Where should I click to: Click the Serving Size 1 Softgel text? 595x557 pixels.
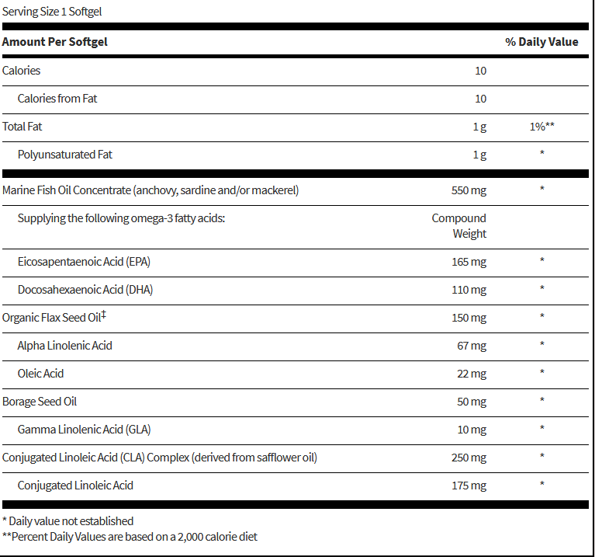pos(52,12)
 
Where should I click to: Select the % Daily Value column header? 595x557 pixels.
pos(541,42)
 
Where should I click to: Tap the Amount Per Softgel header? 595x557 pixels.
pos(54,42)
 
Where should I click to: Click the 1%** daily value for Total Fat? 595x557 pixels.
pos(541,127)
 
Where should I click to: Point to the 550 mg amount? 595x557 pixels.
pos(469,190)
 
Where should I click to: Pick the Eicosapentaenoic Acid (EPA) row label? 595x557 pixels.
pos(84,262)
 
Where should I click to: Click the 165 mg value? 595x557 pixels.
pos(469,262)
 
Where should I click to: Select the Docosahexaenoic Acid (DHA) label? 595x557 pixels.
pos(85,290)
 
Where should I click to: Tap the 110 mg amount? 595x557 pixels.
pos(469,290)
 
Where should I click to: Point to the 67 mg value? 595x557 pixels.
pos(472,346)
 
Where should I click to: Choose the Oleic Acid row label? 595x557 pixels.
pos(40,374)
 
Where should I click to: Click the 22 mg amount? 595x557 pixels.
pos(472,374)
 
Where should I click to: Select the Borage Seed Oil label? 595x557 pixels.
pos(40,402)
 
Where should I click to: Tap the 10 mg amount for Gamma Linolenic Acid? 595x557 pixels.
pos(472,430)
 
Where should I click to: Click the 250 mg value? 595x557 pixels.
pos(469,458)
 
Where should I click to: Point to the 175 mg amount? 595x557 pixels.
pos(469,486)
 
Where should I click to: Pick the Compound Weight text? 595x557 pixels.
pos(459,226)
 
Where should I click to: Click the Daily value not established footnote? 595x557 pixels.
pos(68,521)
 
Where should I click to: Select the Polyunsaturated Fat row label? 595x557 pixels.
pos(65,155)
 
